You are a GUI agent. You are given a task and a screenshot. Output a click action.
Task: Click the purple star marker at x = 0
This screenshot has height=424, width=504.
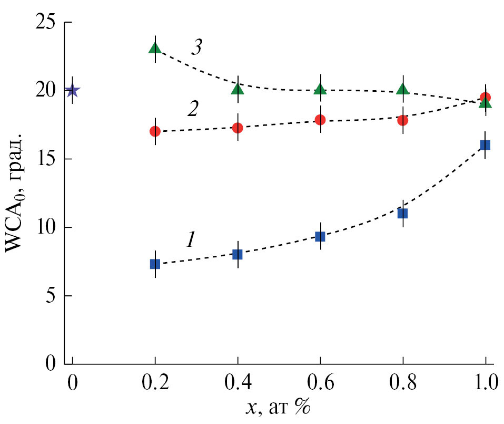(73, 91)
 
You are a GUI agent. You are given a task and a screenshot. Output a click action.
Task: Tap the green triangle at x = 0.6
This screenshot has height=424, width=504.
(320, 90)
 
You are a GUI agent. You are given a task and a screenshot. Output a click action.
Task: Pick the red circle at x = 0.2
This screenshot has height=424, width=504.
(155, 131)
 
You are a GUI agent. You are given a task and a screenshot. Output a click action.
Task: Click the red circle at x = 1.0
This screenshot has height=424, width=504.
(485, 98)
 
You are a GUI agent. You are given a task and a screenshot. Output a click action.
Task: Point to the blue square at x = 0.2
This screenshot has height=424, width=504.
(155, 264)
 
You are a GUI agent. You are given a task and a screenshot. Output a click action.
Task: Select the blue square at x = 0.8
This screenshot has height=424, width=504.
(403, 213)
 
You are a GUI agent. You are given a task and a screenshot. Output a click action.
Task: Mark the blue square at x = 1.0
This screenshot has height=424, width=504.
(485, 144)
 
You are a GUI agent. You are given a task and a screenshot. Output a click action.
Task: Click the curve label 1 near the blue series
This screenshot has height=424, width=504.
(191, 240)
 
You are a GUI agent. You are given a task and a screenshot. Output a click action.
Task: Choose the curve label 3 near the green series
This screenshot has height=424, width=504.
(196, 49)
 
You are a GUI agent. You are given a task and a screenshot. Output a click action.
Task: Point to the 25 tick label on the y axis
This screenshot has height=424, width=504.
(48, 23)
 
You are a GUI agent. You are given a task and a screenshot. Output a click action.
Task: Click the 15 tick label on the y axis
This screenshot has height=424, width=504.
(48, 159)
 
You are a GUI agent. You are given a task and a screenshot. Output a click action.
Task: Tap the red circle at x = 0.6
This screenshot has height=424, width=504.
(320, 120)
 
